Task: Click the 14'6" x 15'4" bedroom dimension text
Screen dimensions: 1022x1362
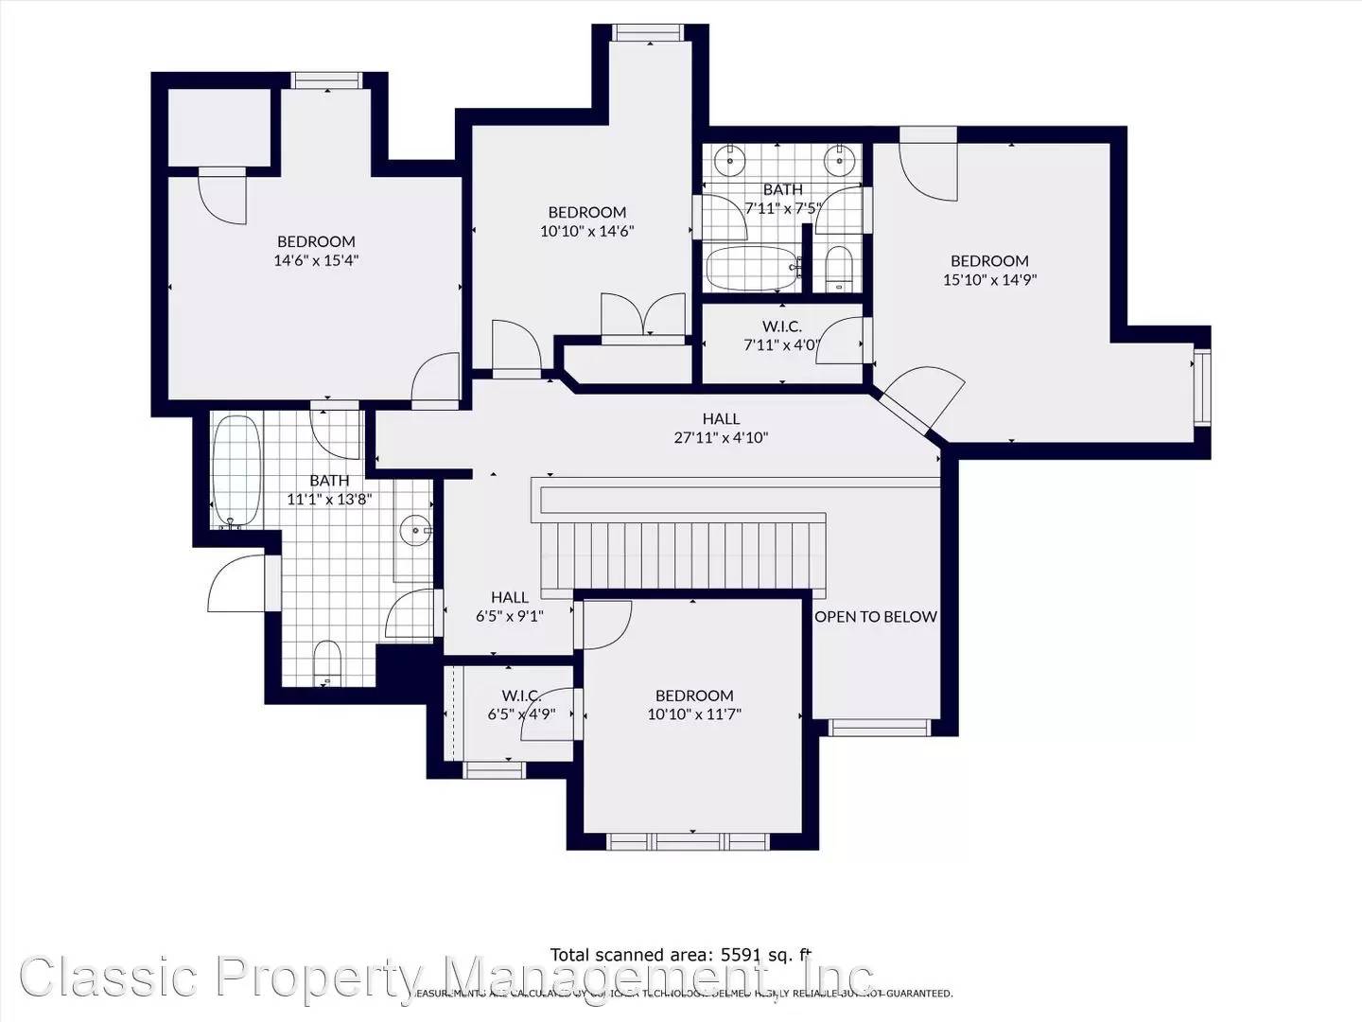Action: pos(316,261)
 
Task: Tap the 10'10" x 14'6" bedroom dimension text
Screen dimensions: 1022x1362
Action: pos(586,231)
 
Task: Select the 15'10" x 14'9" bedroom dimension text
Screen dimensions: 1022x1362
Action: pos(989,280)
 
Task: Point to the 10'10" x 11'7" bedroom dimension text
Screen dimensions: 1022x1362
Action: pos(694,714)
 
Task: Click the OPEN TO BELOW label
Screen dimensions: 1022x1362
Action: pos(876,617)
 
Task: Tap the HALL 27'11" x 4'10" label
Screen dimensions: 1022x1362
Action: pos(721,429)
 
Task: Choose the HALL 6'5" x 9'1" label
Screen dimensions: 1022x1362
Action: pos(509,607)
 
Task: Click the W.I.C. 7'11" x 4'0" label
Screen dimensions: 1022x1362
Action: pos(781,336)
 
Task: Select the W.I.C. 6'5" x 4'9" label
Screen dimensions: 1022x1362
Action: pos(521,705)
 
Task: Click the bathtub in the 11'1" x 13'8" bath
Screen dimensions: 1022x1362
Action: pos(236,470)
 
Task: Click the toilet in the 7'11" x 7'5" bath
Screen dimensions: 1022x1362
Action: pos(838,269)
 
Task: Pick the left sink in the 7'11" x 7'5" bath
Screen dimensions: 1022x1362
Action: pos(729,160)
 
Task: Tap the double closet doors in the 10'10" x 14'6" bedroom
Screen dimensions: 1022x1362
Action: pos(643,315)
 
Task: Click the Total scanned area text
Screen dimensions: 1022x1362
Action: pos(681,955)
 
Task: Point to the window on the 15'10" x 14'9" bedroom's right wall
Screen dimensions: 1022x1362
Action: pos(1201,387)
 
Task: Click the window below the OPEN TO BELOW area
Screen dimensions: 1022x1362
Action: pos(880,727)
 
